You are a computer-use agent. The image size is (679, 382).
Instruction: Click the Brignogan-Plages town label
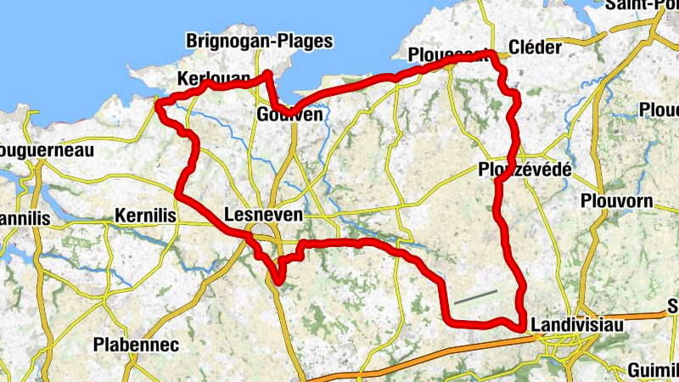259,41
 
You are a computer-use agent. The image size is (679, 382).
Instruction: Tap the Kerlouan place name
212,79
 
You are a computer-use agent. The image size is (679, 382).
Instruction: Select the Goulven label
289,115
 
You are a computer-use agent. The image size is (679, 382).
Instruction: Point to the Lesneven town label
265,216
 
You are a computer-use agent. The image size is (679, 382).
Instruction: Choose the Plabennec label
136,345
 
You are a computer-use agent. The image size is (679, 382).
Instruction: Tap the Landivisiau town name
576,325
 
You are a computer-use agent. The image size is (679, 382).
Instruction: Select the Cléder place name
534,48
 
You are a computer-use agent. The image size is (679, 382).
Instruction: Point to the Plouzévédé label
524,170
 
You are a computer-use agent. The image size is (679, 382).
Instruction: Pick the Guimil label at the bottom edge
653,370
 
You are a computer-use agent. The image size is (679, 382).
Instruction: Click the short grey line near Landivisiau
475,296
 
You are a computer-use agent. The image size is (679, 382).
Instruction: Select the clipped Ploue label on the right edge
659,111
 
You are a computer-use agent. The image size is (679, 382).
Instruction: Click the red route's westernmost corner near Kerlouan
158,104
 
